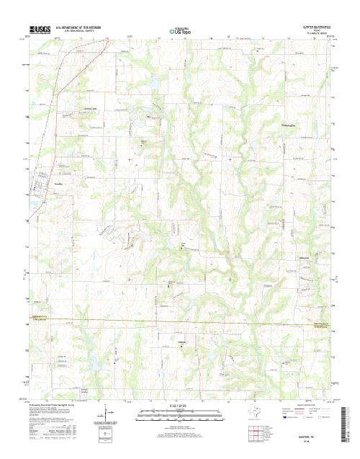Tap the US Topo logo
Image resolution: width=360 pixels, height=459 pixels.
click(181, 31)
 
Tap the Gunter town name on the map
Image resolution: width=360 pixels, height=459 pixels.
click(60, 185)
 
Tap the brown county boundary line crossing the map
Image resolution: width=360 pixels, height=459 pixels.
click(180, 321)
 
